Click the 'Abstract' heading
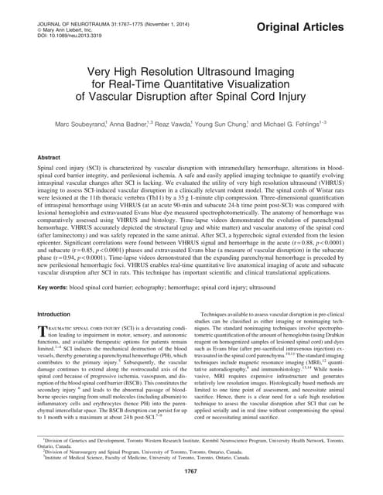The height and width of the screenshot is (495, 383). [x=50, y=156]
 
